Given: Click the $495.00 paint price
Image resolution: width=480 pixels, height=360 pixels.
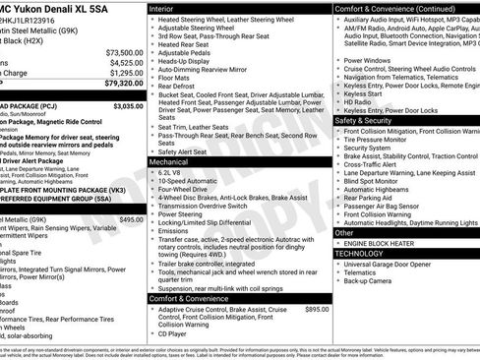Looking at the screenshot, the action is pyautogui.click(x=131, y=219).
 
